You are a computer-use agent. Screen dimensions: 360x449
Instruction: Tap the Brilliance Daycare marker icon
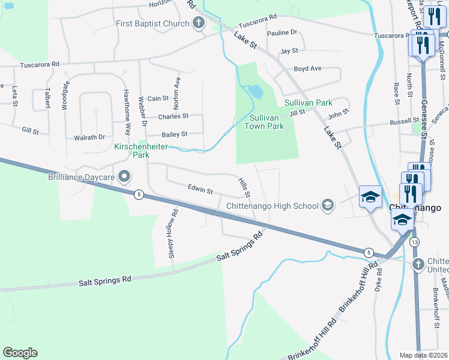click(x=124, y=177)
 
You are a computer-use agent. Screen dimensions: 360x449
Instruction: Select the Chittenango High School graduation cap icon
click(x=327, y=206)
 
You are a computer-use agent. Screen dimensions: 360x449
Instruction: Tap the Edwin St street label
click(x=200, y=190)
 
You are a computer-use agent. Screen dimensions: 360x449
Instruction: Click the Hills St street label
click(x=244, y=188)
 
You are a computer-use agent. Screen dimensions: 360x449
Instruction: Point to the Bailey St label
click(x=175, y=134)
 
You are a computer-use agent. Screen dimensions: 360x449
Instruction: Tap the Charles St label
click(x=173, y=116)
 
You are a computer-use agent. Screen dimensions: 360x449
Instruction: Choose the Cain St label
click(x=158, y=98)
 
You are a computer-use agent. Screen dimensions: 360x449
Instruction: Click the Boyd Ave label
click(x=308, y=69)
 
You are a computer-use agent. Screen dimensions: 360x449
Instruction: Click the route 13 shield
click(x=415, y=242)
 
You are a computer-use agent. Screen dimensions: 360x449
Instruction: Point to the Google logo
click(x=20, y=353)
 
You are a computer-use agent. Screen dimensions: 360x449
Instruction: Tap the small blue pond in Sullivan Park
click(x=256, y=92)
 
